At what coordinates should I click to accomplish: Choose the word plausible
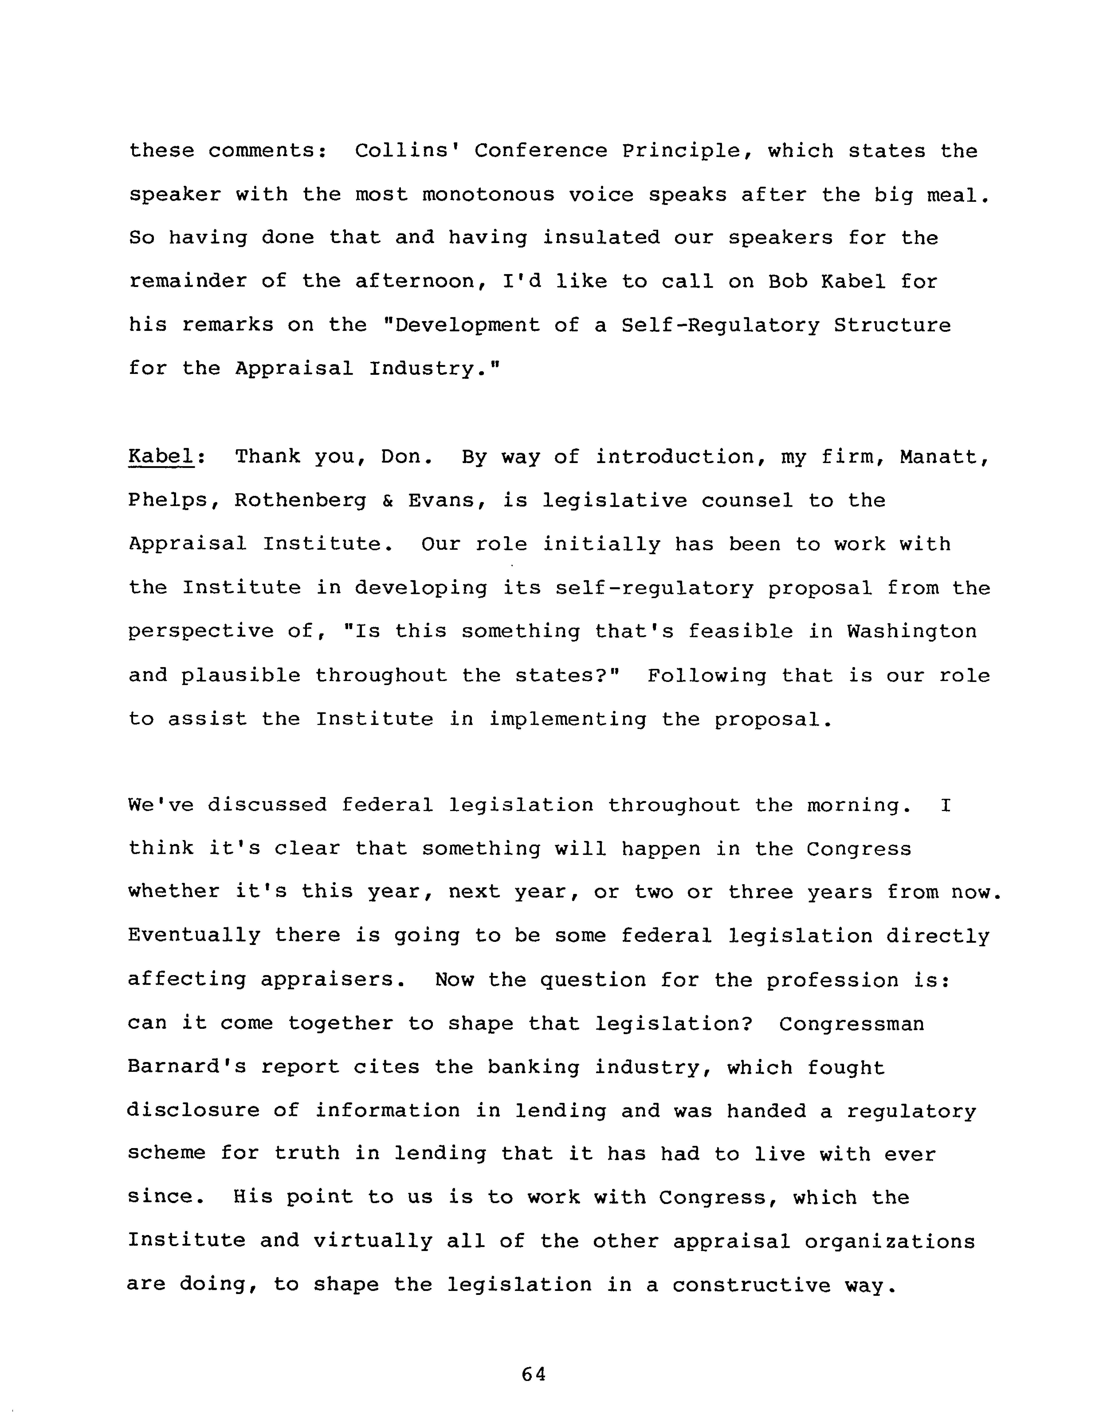pyautogui.click(x=240, y=676)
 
